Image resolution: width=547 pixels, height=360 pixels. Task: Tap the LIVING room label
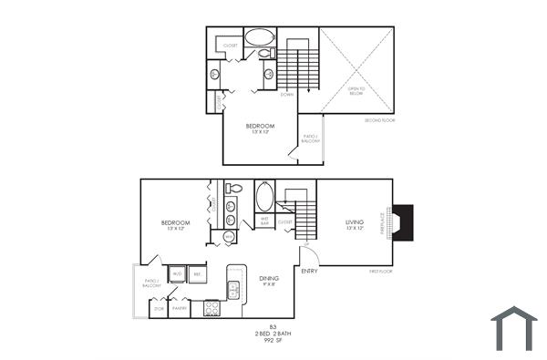tap(356, 222)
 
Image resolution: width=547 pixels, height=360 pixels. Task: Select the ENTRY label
tap(309, 271)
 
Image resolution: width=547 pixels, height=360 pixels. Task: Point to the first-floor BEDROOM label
tap(175, 223)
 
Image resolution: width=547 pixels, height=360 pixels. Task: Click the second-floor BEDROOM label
tap(260, 126)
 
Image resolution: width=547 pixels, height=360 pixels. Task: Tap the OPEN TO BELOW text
tap(356, 90)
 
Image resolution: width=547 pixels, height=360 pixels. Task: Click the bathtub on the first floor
tap(264, 196)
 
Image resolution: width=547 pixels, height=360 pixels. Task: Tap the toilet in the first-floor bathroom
tap(233, 190)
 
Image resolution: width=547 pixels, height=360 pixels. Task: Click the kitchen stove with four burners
tap(212, 308)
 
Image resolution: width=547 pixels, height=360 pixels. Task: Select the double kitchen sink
tap(233, 290)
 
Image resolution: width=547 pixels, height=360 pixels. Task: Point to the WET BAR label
tap(264, 220)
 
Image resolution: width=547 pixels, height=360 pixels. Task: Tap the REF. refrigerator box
tap(198, 273)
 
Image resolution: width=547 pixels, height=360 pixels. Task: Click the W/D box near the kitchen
tap(177, 273)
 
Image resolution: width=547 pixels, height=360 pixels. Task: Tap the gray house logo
tap(514, 328)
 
